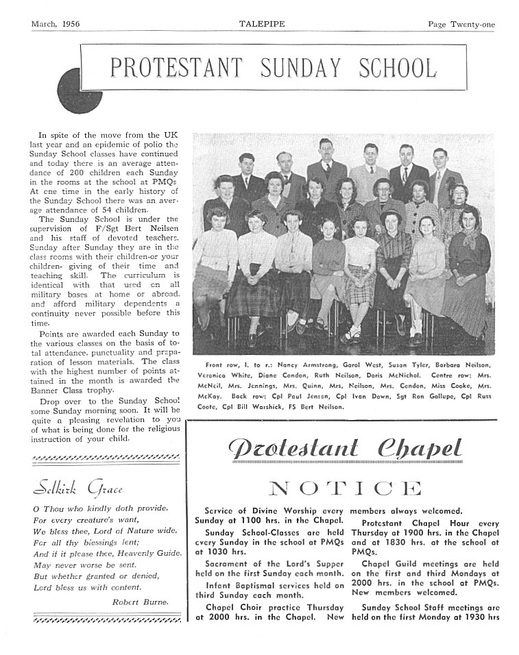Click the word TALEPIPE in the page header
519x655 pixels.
258,24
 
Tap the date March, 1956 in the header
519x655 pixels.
56,24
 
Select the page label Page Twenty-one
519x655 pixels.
461,25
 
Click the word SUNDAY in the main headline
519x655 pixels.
306,69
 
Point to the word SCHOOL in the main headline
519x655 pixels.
397,69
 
